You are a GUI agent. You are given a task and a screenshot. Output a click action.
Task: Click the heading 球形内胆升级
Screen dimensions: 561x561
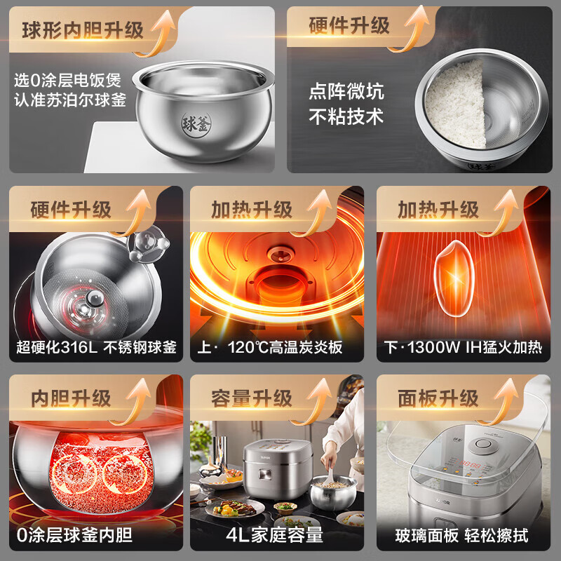point(83,30)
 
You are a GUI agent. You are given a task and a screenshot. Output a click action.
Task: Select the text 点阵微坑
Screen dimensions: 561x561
point(346,93)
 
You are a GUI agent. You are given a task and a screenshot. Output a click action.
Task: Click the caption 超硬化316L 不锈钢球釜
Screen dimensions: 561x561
point(97,346)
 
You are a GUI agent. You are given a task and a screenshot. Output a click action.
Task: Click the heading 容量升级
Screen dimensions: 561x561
point(251,398)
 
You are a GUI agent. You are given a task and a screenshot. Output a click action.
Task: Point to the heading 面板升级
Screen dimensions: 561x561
point(438,398)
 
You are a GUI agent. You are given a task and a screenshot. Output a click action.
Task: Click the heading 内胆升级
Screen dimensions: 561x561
point(71,398)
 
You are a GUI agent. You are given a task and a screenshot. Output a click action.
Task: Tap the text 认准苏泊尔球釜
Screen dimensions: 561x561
point(70,100)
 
